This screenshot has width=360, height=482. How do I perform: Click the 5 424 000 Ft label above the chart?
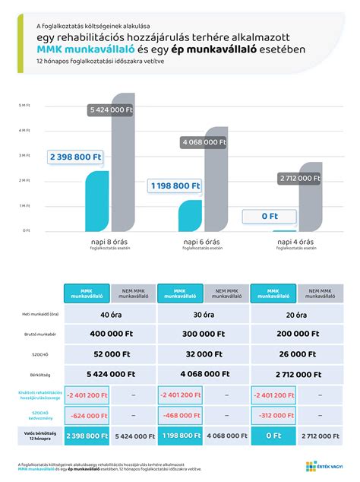111,110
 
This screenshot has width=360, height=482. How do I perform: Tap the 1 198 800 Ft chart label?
175,185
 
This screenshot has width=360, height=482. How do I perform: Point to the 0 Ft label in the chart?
269,217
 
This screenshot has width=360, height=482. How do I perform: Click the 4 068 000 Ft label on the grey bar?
204,141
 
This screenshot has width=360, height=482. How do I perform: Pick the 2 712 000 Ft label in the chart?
299,178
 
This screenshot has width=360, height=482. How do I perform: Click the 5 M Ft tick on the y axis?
24,106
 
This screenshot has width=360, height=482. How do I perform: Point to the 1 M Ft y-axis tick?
24,205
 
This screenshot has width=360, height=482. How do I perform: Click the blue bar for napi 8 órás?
98,201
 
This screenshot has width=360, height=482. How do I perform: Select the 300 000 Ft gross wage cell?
204,334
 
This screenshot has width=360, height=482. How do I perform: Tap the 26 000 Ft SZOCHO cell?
298,354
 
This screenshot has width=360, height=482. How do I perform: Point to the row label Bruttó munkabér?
36,334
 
